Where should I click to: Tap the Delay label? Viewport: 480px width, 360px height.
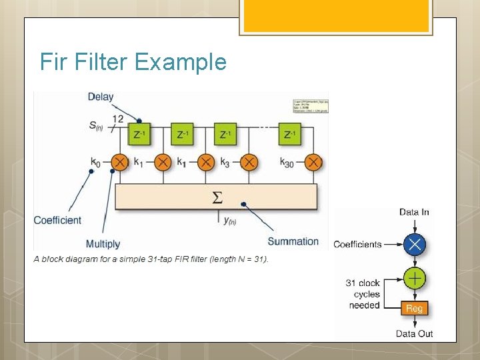[x=101, y=97]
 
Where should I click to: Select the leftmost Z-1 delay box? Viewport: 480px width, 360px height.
[x=139, y=134]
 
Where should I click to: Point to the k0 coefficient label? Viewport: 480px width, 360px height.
[x=96, y=162]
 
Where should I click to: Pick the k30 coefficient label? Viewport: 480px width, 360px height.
[x=287, y=162]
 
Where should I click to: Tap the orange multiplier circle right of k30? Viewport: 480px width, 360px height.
[x=314, y=162]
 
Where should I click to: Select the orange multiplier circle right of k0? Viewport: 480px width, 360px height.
[x=120, y=162]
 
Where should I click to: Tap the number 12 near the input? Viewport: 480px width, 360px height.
[x=117, y=119]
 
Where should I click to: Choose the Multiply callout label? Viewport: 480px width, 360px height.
[x=103, y=244]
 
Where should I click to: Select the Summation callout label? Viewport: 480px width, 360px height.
[x=293, y=241]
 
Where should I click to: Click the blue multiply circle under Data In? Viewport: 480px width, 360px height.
[x=415, y=244]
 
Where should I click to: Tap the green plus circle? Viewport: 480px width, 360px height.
[x=415, y=278]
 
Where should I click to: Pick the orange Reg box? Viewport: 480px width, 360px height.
[x=414, y=309]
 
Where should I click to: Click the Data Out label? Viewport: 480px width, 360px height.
[x=414, y=333]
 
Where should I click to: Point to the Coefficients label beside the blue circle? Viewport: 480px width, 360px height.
[x=357, y=244]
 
